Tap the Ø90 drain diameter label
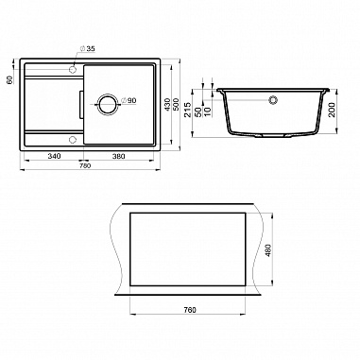(129, 100)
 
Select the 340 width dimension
(54, 156)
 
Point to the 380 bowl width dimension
(119, 156)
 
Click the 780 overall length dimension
(85, 165)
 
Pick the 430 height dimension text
(168, 105)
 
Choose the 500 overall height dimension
(176, 105)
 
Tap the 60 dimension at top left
(9, 80)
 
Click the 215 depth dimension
(188, 110)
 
